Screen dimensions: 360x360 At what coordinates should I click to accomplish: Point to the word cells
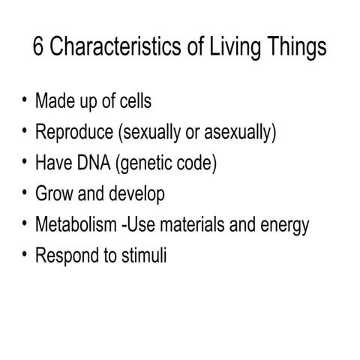[133, 100]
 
